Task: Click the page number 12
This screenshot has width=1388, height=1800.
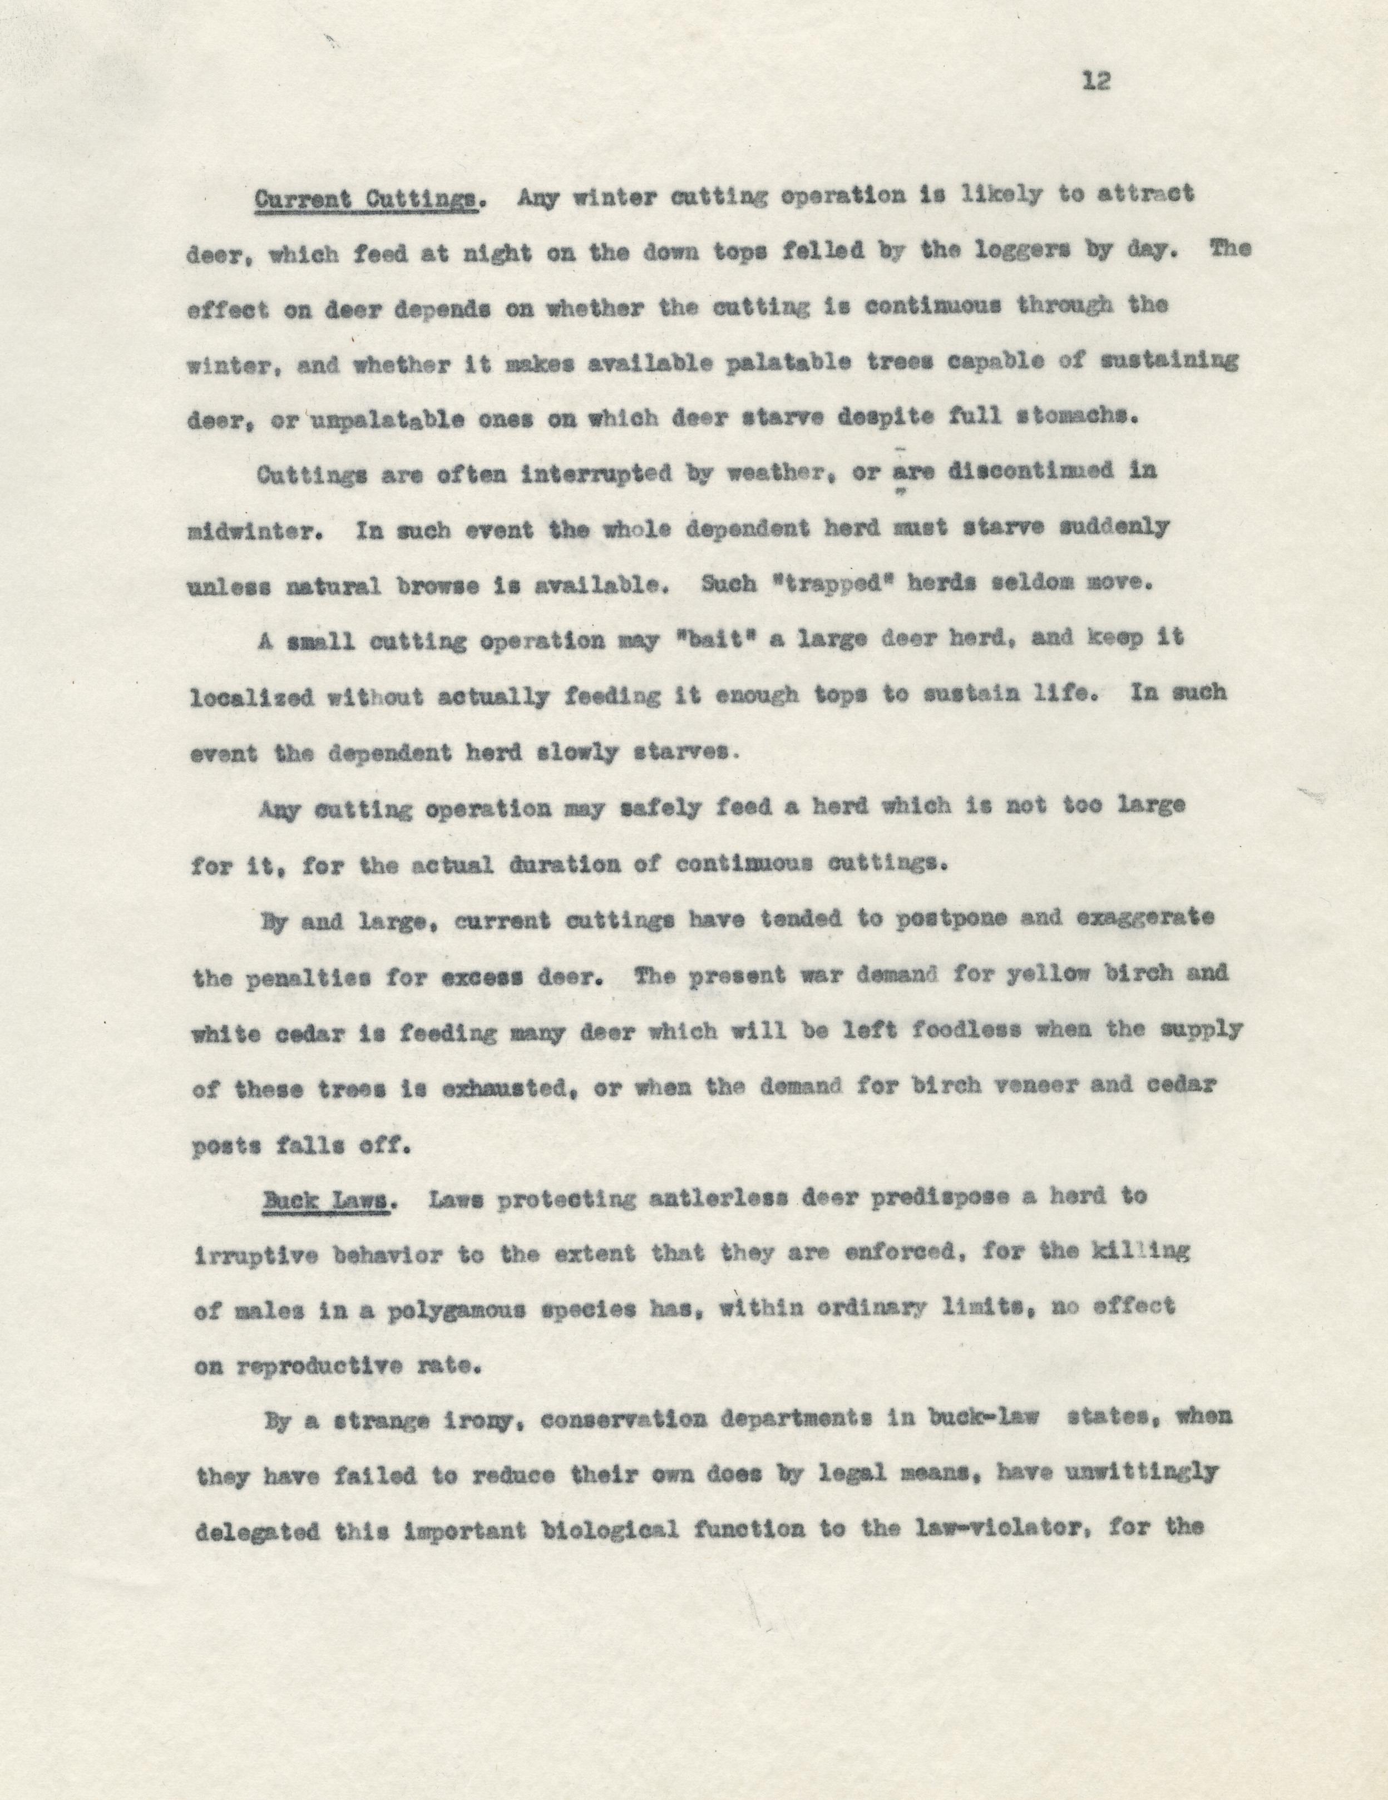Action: coord(1096,82)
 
